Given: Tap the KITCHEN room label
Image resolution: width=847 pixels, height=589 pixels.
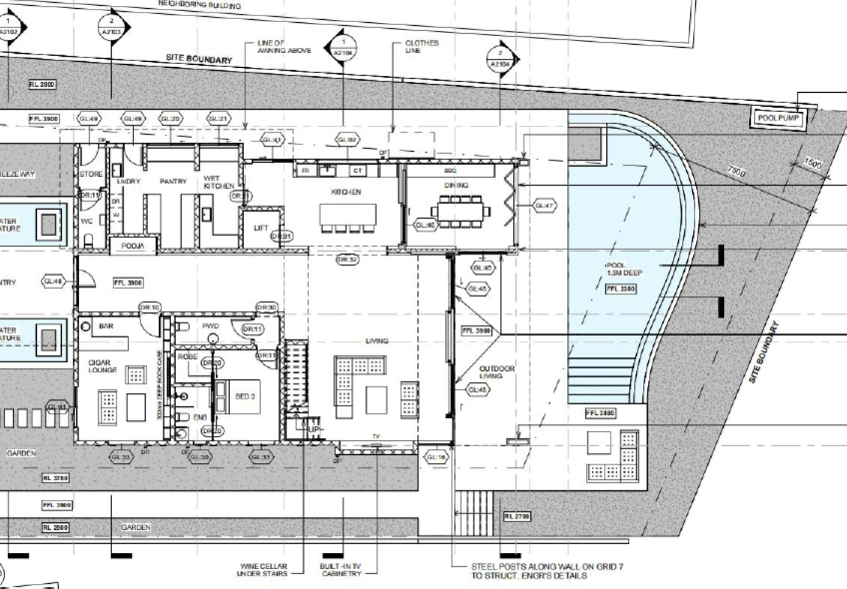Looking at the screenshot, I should pos(345,191).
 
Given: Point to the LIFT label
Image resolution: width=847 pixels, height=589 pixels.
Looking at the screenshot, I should pos(261,228).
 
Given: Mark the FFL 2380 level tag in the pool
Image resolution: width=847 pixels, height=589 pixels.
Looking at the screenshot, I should pos(619,289).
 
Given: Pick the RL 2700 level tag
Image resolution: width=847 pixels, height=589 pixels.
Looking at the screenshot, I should pos(518,517).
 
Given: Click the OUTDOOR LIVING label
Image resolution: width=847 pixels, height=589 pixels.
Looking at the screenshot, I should pos(497,372).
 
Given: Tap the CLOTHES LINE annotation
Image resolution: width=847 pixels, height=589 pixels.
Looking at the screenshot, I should pos(421,47).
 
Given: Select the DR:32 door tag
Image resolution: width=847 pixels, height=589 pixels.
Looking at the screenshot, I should pos(347,259).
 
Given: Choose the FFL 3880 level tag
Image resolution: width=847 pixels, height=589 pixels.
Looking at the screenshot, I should pos(600,414).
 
